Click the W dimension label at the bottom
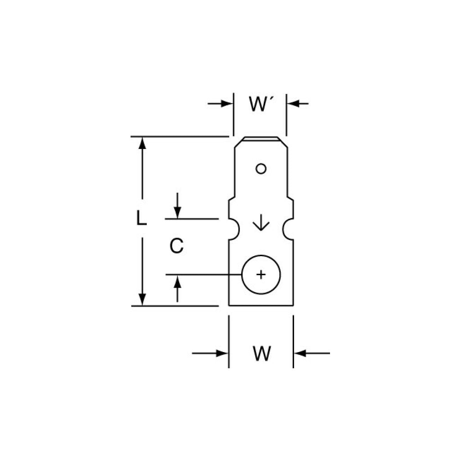262,353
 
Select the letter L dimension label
141,218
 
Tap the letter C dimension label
176,245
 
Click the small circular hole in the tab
261,169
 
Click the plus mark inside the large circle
261,275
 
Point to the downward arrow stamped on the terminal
261,222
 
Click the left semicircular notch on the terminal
234,229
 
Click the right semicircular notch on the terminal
288,229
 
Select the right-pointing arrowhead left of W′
227,104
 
